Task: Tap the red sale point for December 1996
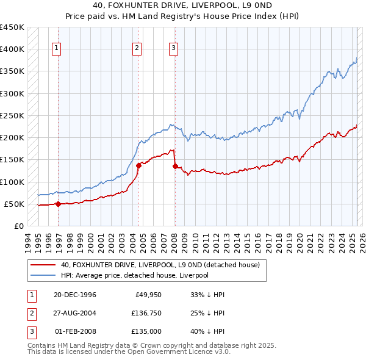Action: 59,204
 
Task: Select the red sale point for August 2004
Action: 138,165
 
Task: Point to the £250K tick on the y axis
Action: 12,115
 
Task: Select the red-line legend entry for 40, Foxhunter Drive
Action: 160,265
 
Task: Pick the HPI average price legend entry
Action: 134,275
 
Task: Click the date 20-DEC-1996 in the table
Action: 75,295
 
